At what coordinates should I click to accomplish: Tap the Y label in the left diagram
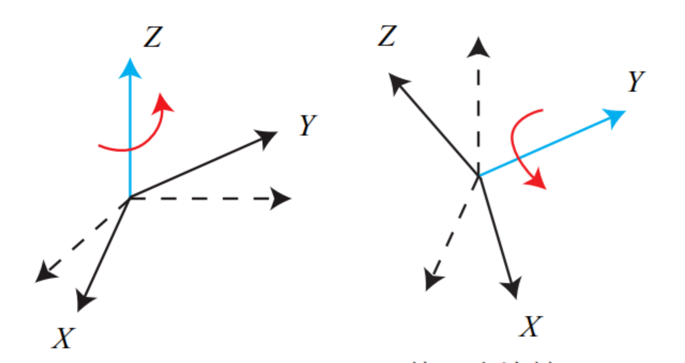click(x=308, y=125)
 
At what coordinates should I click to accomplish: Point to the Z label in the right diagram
click(x=387, y=35)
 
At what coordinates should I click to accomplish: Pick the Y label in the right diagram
click(x=636, y=81)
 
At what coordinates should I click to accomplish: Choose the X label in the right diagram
click(x=531, y=327)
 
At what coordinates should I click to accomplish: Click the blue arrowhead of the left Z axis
click(x=130, y=69)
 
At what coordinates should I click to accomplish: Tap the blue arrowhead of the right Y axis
click(x=615, y=116)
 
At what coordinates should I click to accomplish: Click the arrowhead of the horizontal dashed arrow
click(x=281, y=199)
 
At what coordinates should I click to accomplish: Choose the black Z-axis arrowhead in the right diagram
click(x=398, y=82)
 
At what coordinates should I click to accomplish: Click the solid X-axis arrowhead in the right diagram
click(x=512, y=288)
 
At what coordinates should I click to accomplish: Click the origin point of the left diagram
click(x=130, y=198)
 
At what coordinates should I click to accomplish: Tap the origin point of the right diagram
click(x=479, y=175)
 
